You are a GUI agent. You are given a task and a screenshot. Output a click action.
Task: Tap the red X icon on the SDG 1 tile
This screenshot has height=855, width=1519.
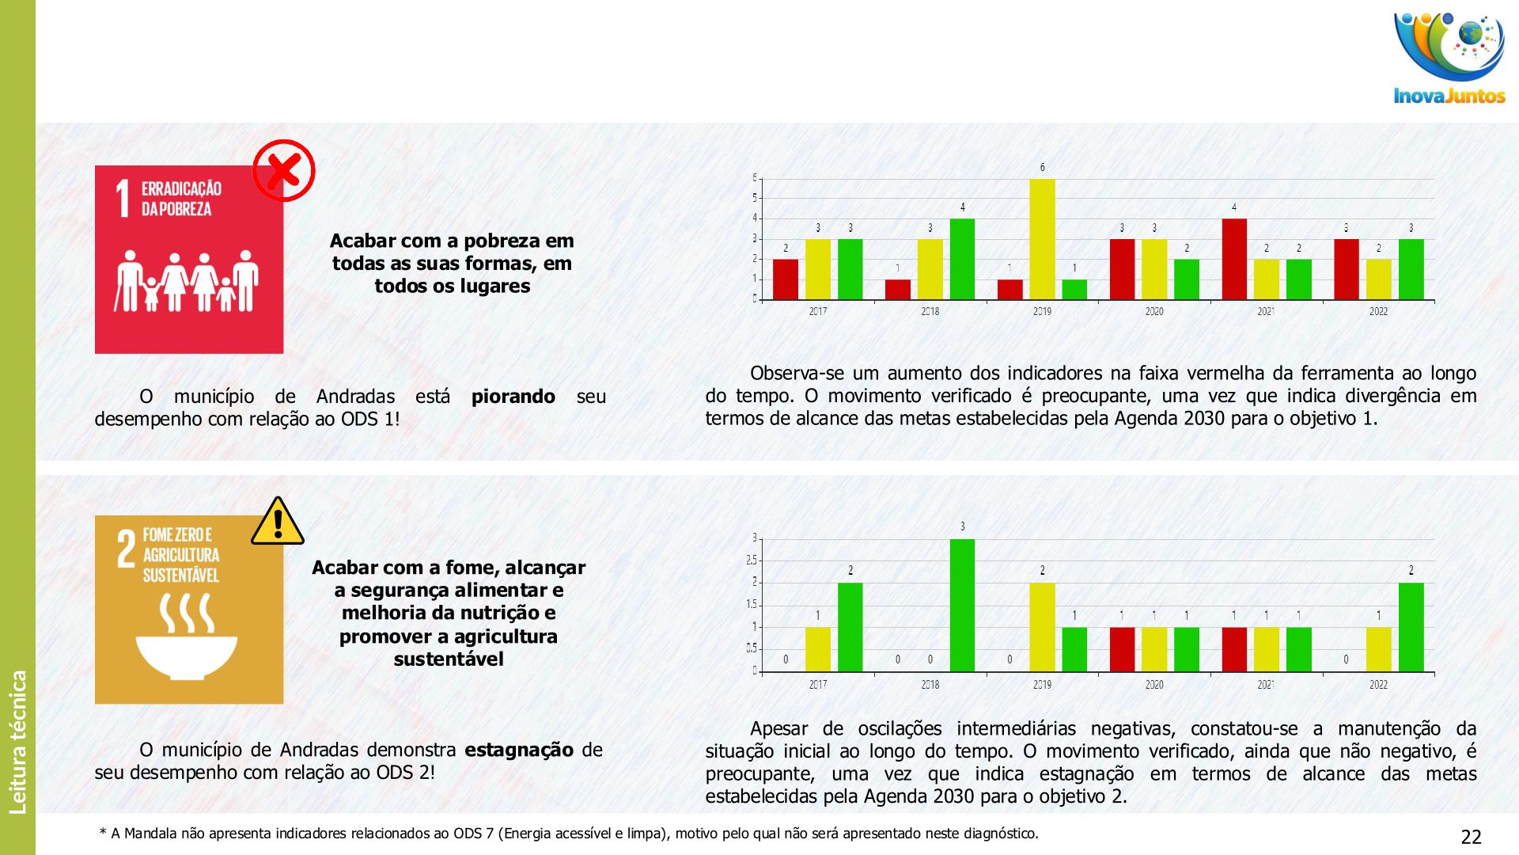tap(283, 170)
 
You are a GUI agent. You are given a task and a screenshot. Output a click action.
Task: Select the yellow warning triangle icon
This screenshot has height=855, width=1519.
tap(278, 522)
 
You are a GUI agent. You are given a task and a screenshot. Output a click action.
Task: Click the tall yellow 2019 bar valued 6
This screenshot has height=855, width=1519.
tap(1042, 239)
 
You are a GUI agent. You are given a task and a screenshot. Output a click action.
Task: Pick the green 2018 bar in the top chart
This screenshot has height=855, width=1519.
tap(962, 259)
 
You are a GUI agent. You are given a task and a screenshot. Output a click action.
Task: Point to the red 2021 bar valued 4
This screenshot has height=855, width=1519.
tap(1234, 259)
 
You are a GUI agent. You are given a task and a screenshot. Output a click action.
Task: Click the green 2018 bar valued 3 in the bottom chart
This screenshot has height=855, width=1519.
tap(962, 606)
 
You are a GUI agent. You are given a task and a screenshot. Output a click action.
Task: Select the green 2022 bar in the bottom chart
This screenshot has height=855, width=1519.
tap(1411, 627)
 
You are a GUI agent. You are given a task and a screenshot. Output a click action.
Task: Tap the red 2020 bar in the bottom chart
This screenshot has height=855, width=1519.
tap(1122, 649)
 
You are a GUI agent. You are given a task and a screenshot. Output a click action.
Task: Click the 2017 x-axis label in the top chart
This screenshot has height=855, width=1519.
tap(818, 312)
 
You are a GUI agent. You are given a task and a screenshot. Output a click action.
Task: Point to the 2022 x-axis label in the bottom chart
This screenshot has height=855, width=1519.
tap(1378, 685)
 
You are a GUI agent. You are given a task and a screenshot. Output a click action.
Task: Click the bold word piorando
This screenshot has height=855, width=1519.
tap(513, 397)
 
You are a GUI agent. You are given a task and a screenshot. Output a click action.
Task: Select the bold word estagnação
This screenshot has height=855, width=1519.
tap(519, 750)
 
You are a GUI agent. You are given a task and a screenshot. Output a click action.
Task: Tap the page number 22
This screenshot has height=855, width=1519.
tap(1471, 837)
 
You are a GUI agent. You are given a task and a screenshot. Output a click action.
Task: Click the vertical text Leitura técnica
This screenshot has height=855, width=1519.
tap(18, 742)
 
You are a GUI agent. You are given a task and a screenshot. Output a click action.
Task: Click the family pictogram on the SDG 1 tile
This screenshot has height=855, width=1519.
tap(188, 281)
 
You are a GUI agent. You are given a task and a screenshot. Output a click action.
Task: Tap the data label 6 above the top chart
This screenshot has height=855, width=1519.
tap(1042, 167)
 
